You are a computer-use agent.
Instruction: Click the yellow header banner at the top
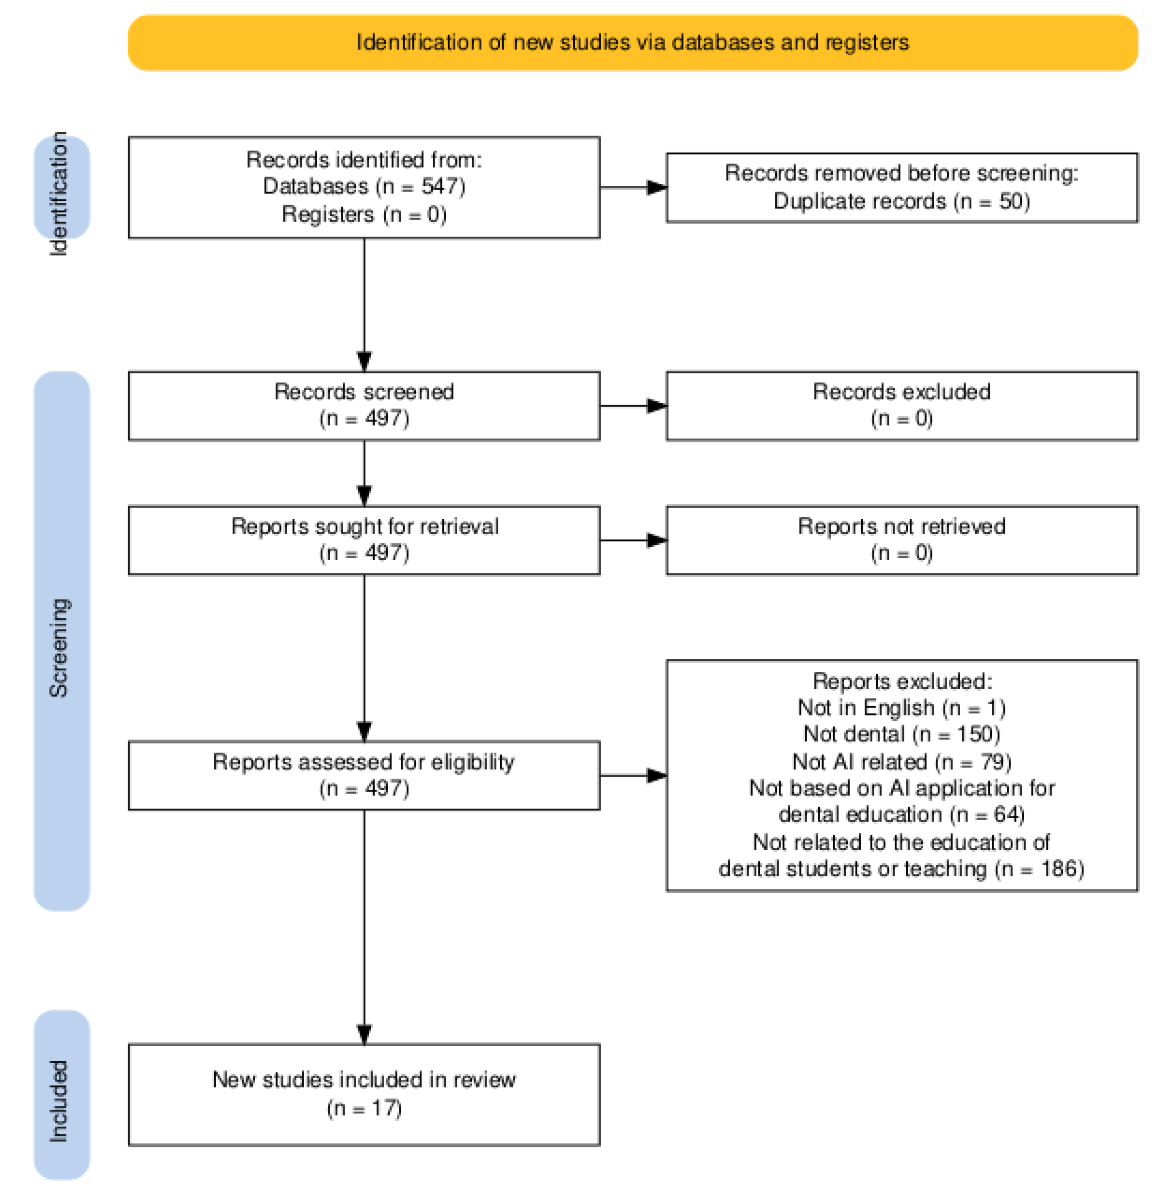point(632,43)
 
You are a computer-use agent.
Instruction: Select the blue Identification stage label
point(61,188)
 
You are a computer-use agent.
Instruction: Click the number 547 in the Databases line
point(438,186)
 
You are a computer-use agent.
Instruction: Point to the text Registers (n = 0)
point(364,214)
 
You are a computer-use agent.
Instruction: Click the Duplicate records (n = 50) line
point(901,201)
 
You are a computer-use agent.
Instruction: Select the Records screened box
point(364,405)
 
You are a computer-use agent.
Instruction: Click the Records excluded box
point(901,405)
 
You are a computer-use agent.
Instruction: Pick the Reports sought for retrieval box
point(364,540)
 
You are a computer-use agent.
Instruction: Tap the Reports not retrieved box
point(901,540)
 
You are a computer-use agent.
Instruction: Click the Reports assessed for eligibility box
point(364,775)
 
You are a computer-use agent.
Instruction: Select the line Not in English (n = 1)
point(901,708)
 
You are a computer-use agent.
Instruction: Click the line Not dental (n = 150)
point(901,734)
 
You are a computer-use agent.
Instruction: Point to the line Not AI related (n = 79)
point(901,761)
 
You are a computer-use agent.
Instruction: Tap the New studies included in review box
point(364,1094)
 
